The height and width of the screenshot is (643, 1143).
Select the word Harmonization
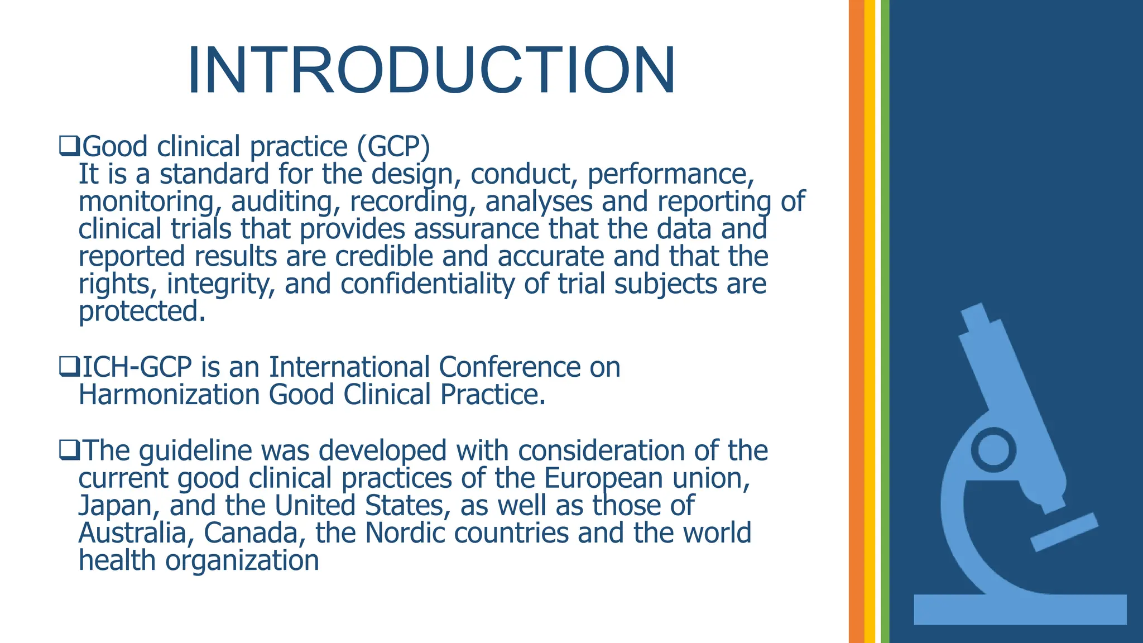pyautogui.click(x=169, y=395)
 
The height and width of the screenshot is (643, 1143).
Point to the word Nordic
pyautogui.click(x=405, y=533)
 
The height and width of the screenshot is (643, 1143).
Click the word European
pyautogui.click(x=603, y=478)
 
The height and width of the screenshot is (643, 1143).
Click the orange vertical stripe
pyautogui.click(x=856, y=321)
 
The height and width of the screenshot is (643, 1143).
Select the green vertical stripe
pyautogui.click(x=885, y=321)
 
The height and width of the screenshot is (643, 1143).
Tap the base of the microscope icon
pyautogui.click(x=1020, y=610)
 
